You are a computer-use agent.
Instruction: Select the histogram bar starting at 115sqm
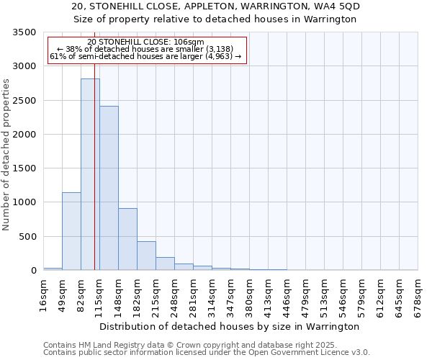click(x=109, y=188)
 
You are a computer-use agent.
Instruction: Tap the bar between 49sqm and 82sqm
click(x=71, y=231)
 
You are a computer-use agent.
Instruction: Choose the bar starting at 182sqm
click(x=146, y=256)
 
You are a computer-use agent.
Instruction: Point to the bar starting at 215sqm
click(x=165, y=264)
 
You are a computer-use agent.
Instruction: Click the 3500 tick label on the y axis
click(x=24, y=33)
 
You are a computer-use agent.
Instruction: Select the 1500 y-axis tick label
click(x=24, y=168)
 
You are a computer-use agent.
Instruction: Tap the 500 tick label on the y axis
click(x=28, y=237)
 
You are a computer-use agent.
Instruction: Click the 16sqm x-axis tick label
click(x=43, y=294)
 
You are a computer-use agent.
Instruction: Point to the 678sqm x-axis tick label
click(x=418, y=294)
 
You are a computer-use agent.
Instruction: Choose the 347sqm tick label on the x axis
click(x=230, y=294)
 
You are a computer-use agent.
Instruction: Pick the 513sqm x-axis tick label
click(x=324, y=294)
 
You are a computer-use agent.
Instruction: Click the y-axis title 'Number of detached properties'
click(x=7, y=155)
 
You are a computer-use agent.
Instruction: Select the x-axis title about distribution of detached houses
click(x=230, y=326)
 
